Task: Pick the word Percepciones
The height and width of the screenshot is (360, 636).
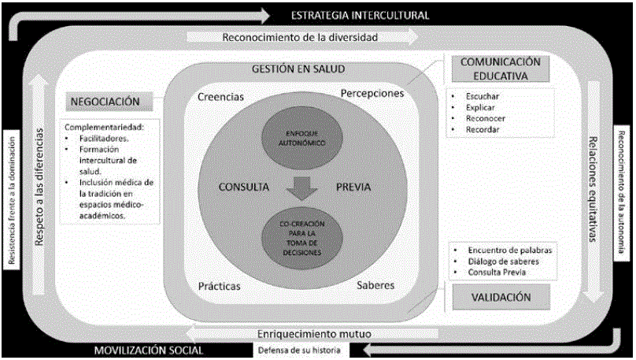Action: coord(372,93)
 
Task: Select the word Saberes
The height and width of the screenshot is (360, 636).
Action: coord(375,284)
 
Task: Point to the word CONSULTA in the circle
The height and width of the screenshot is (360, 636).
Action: coord(244,187)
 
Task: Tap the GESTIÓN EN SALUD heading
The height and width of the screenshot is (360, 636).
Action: coord(298,69)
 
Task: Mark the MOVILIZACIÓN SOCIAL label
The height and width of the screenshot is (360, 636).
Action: coord(148,350)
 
